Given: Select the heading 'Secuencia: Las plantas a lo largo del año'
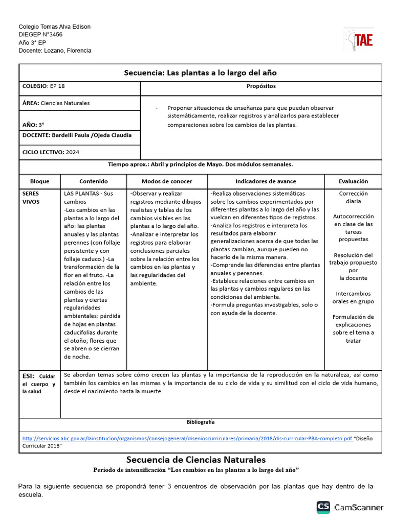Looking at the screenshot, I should tap(200, 73).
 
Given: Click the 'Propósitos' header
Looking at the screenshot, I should tap(261, 86).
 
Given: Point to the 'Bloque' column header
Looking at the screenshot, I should tap(40, 181).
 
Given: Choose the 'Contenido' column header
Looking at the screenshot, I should tap(94, 181).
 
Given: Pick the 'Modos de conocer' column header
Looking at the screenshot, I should tap(167, 181).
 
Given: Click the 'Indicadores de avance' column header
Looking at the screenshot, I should tap(266, 181).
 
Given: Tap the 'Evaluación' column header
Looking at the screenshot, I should tap(353, 181).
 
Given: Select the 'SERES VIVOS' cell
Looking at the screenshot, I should tap(31, 198).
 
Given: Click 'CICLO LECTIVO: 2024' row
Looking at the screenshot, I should tap(51, 152).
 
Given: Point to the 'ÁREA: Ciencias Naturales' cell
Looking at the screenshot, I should tap(56, 103).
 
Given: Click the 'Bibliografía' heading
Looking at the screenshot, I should tap(201, 422).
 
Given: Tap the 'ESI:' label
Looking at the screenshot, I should tap(29, 375).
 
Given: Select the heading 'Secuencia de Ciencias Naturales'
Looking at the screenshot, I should tap(196, 460).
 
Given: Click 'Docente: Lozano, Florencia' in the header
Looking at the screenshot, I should tap(55, 51).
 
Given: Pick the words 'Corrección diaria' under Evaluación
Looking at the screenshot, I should tap(353, 198).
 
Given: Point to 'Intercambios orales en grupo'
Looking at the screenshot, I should tap(353, 298).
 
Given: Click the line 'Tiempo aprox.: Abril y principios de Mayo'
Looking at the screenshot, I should tap(200, 165).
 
